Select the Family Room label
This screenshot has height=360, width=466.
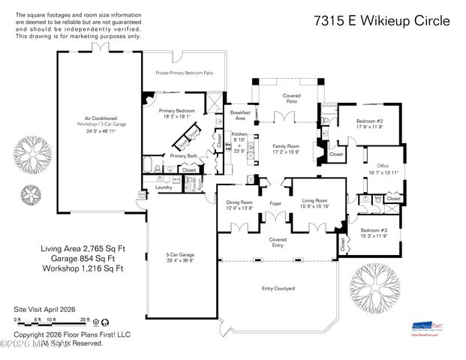click(275, 147)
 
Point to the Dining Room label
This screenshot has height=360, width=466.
click(240, 202)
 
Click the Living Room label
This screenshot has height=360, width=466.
click(314, 201)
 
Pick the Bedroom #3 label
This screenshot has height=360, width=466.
click(374, 230)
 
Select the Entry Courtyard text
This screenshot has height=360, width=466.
click(278, 287)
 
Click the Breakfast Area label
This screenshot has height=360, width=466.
click(239, 115)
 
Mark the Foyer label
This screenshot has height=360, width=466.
click(275, 202)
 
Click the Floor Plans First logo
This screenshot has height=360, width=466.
click(428, 328)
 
